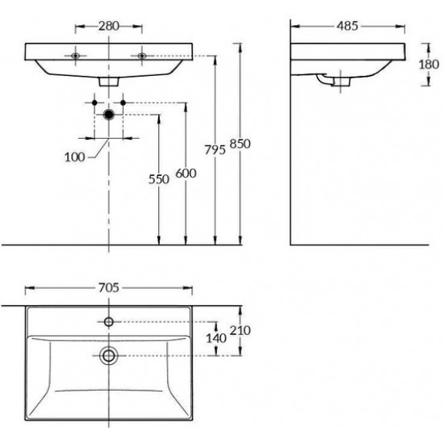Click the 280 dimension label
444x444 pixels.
point(108,25)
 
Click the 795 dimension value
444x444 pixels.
point(207,150)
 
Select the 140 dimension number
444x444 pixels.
point(216,338)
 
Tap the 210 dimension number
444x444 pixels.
point(241,331)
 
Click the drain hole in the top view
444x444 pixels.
point(108,354)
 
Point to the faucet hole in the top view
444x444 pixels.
point(108,322)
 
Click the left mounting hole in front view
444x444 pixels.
point(75,56)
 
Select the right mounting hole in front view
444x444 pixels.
point(142,56)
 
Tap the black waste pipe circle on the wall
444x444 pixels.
point(108,115)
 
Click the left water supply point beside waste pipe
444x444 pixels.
point(94,103)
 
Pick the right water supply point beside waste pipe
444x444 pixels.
point(123,103)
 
